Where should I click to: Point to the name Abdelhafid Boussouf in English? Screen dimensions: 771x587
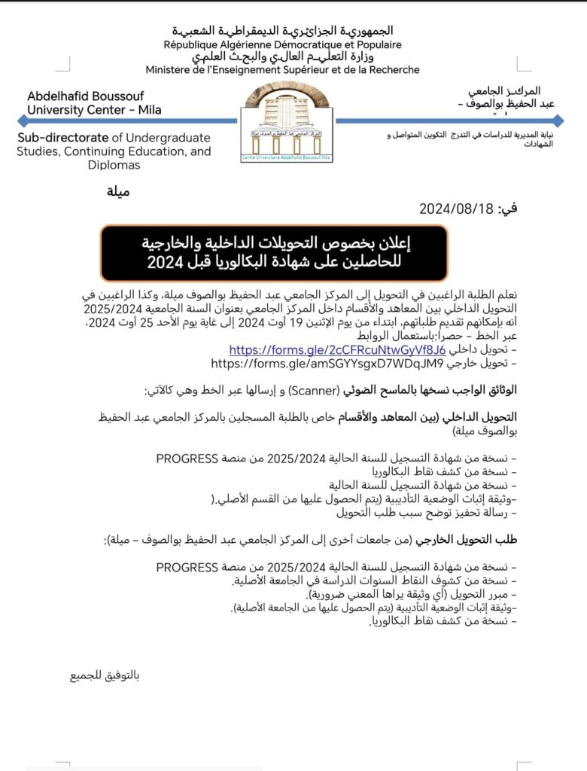[x=82, y=96]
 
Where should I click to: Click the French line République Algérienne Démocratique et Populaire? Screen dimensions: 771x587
[x=282, y=44]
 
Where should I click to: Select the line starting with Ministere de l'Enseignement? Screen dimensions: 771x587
[x=282, y=70]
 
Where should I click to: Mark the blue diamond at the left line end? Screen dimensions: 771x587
[x=22, y=120]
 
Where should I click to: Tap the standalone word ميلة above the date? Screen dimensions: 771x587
[x=118, y=190]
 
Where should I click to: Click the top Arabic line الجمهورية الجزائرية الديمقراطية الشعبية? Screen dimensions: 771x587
[x=282, y=31]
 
